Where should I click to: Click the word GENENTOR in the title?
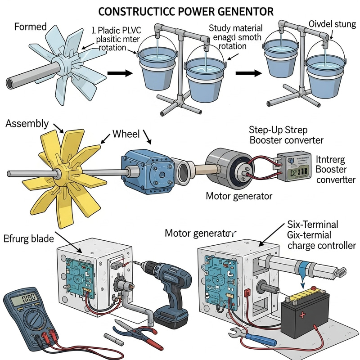tap(247, 9)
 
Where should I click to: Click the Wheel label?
tap(126, 134)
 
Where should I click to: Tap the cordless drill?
tap(171, 288)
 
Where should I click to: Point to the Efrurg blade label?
tap(28, 238)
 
